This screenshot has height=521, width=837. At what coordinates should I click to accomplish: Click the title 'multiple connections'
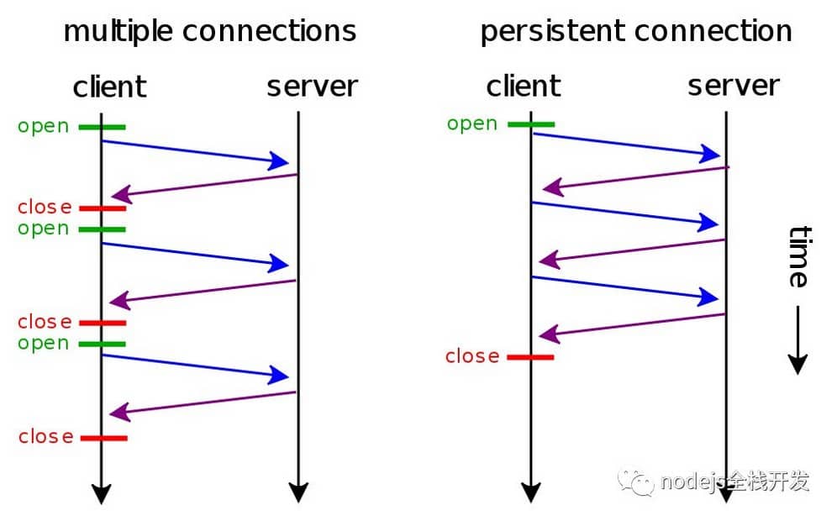coord(210,32)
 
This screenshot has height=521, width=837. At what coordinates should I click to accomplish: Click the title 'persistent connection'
coord(636,32)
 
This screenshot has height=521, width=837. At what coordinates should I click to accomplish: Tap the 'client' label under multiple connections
coord(109,87)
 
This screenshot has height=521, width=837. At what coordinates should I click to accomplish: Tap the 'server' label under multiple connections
coord(312,87)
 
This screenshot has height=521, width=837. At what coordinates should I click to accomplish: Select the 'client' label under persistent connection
coord(523,86)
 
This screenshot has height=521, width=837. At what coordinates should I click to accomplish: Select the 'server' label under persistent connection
coord(734,86)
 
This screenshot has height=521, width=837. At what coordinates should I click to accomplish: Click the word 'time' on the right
coord(798,256)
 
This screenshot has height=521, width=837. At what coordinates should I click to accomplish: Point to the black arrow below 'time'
coord(798,340)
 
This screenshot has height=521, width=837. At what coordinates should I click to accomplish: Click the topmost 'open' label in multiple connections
coord(43,126)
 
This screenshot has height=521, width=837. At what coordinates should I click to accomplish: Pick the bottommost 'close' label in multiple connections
coord(45,437)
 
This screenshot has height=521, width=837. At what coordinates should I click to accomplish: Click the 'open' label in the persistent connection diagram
coord(472,124)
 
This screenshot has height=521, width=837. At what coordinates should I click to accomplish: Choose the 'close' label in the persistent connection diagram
coord(472,356)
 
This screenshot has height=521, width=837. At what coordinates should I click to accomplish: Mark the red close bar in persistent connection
coord(530,357)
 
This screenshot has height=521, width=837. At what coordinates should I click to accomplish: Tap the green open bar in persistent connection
coord(531,124)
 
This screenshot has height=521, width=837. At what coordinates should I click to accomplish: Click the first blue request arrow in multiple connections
coord(196,152)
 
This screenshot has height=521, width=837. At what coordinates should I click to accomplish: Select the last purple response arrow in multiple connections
coord(202,403)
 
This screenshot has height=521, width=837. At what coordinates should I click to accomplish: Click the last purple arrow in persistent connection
coord(632,325)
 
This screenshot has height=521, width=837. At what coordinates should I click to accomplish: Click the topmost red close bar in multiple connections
coord(103,208)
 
